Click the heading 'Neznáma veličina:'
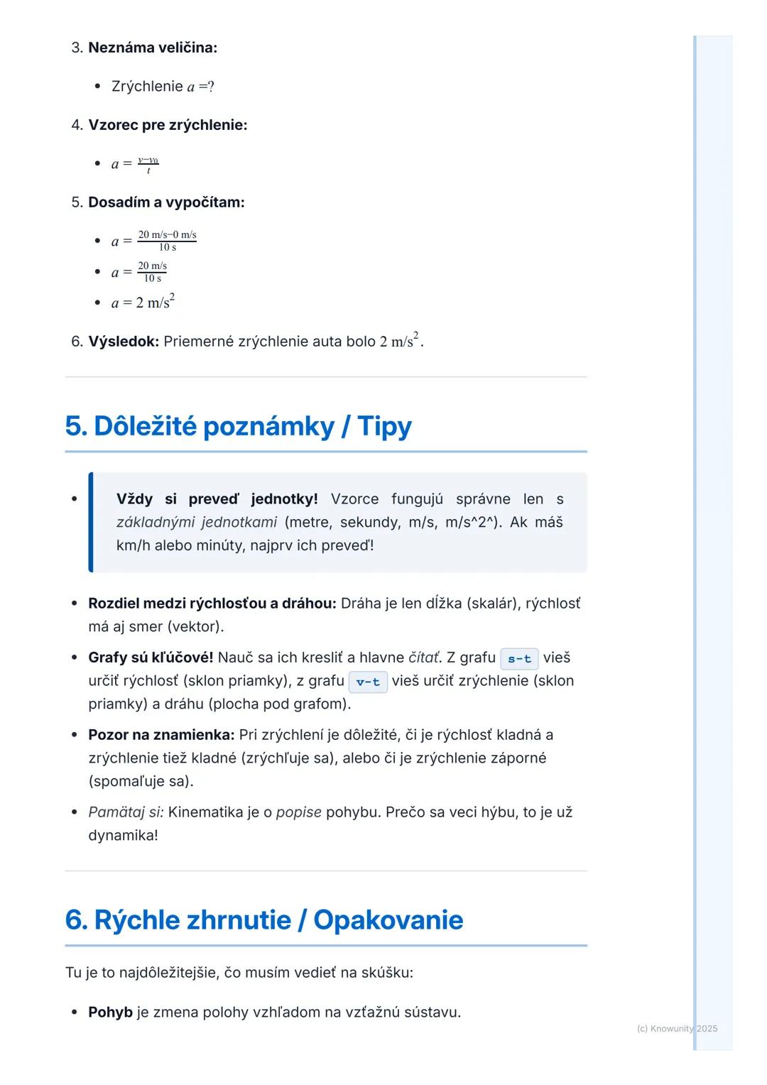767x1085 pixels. pos(153,48)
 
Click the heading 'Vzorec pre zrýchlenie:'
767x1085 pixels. pos(168,125)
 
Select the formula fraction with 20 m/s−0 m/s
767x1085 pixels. pos(167,241)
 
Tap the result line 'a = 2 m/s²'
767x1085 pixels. pos(143,302)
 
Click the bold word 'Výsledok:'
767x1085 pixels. pos(124,342)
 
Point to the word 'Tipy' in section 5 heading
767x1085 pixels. pos(384,426)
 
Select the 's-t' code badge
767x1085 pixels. pos(519,658)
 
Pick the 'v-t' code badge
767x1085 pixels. pos(368,682)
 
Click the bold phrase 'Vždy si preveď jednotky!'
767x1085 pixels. pos(217,499)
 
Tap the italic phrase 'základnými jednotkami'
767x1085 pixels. pos(197,523)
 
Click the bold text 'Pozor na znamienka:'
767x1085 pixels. pos(161,735)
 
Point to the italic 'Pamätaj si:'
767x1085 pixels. pos(126,812)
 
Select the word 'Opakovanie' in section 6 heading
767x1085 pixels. pos(388,920)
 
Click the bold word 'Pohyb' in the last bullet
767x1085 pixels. pos(110,1012)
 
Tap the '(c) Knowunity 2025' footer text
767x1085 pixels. pos(677,1028)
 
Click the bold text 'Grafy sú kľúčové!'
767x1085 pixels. pos(151,658)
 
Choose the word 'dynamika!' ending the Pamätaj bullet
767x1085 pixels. pos(123,835)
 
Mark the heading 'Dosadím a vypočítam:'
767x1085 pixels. pos(166,202)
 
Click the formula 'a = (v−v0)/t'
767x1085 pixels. pos(135,164)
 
